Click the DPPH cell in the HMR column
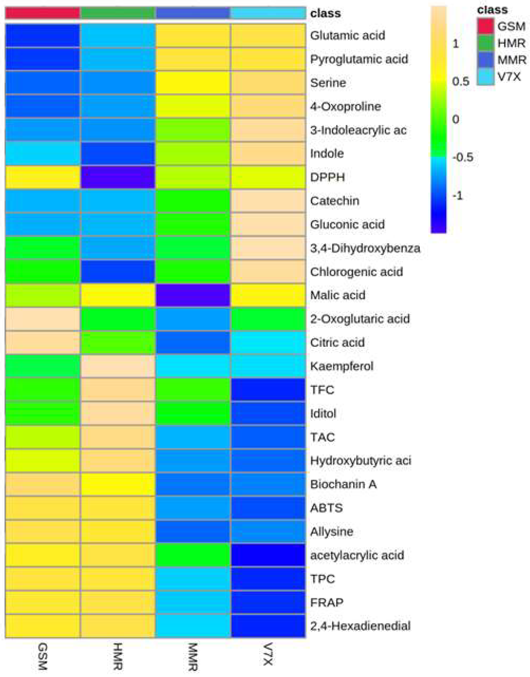118,177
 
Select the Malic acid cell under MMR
193,295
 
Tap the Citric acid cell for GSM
42,342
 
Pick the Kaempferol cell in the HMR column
118,366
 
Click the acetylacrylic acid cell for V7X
268,555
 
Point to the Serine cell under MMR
193,82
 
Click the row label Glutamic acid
347,35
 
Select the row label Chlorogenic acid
356,272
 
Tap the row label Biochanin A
343,484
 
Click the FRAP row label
327,602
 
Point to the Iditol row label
323,413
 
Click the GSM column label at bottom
42,656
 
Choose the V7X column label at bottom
268,654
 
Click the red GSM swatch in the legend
485,26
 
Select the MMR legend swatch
485,60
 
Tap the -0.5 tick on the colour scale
462,157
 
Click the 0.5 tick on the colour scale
460,81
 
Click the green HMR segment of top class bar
118,13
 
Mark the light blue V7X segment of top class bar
268,13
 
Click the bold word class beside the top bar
325,14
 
